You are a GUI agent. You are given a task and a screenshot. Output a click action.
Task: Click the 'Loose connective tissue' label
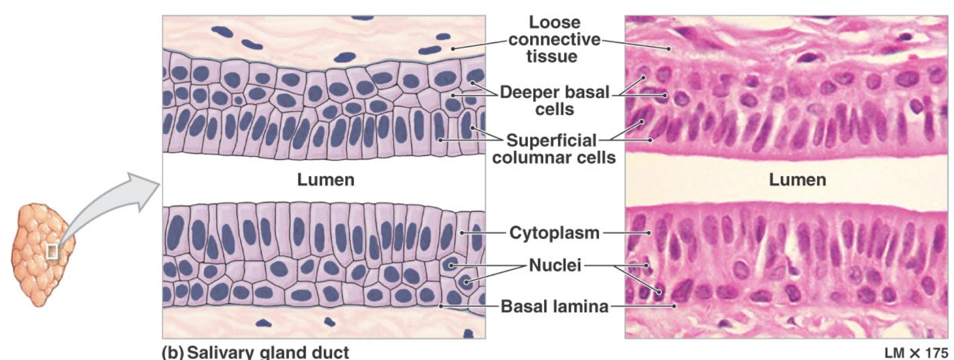coord(554,39)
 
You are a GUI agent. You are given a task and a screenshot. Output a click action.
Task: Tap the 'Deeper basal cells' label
coord(554,100)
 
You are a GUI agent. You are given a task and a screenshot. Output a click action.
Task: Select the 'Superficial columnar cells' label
coord(553,149)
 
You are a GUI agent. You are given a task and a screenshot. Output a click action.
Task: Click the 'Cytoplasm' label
coord(554,233)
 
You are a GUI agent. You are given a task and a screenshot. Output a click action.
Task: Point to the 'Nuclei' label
coord(554,265)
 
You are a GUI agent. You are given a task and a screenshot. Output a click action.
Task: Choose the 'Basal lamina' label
coord(554,306)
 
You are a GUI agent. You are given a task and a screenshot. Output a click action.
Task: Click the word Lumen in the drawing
coord(325,180)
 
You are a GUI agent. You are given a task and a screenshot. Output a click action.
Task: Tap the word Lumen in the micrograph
coord(797,180)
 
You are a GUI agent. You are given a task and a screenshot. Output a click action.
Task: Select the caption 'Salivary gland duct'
coord(268,352)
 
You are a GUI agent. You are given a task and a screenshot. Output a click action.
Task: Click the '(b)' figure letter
coord(172,352)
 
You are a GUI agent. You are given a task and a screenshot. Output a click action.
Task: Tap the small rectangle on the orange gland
coord(52,251)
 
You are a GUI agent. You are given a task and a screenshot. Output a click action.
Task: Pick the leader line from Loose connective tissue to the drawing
coord(479,44)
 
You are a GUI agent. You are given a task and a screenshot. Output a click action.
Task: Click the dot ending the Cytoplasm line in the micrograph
coord(649,233)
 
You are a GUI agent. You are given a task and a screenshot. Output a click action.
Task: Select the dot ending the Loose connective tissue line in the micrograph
coord(669,49)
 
